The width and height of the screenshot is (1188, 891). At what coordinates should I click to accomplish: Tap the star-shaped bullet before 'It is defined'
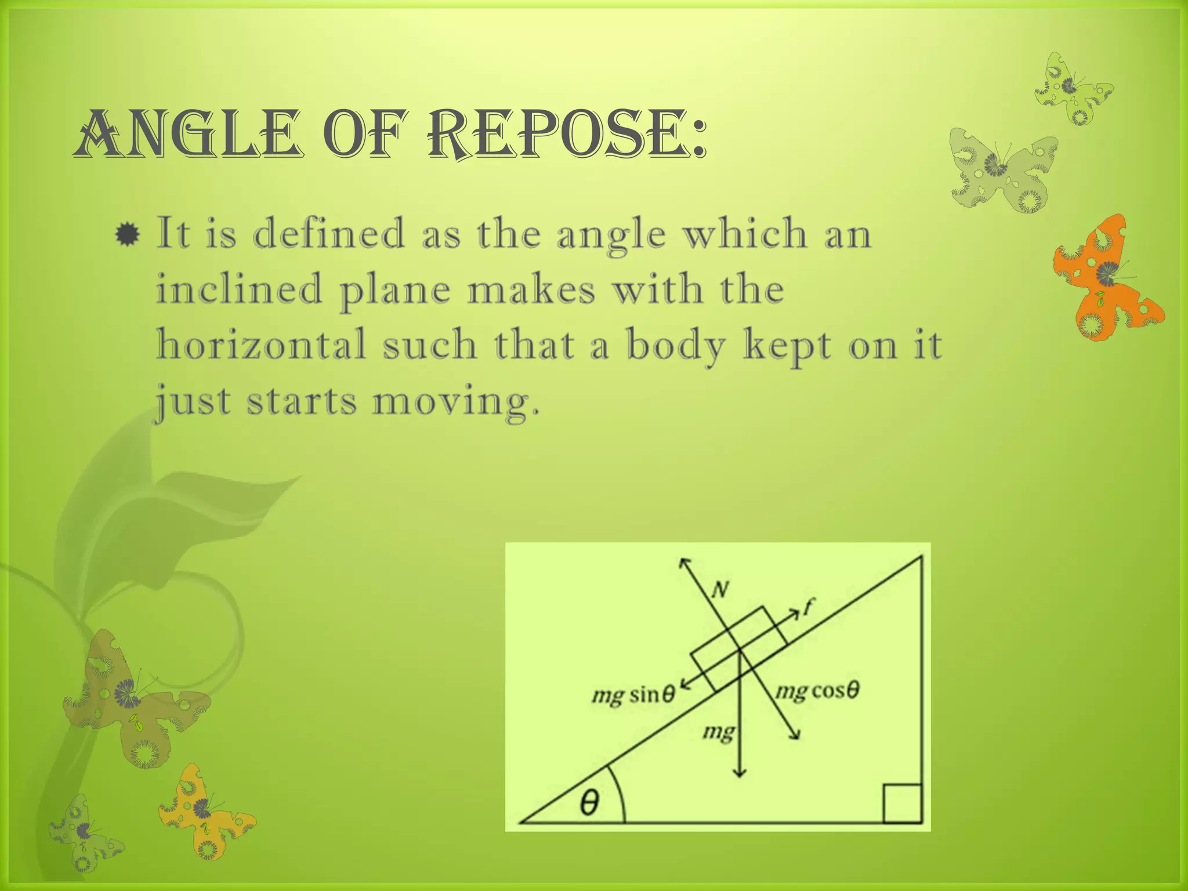(127, 235)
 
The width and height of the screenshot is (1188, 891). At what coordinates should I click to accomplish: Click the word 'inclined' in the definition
(239, 289)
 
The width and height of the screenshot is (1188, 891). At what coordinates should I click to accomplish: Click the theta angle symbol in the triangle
(589, 804)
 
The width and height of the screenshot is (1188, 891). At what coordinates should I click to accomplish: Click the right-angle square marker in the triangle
(902, 803)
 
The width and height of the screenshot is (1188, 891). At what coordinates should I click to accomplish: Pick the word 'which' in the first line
(746, 234)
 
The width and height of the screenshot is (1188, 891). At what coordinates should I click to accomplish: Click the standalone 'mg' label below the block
(718, 733)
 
